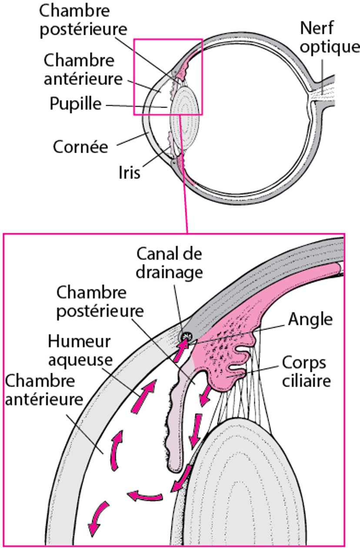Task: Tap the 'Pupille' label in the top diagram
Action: pyautogui.click(x=75, y=104)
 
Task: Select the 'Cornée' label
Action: pyautogui.click(x=80, y=147)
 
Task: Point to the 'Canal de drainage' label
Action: pyautogui.click(x=169, y=263)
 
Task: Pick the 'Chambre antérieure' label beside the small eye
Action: pyautogui.click(x=79, y=70)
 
